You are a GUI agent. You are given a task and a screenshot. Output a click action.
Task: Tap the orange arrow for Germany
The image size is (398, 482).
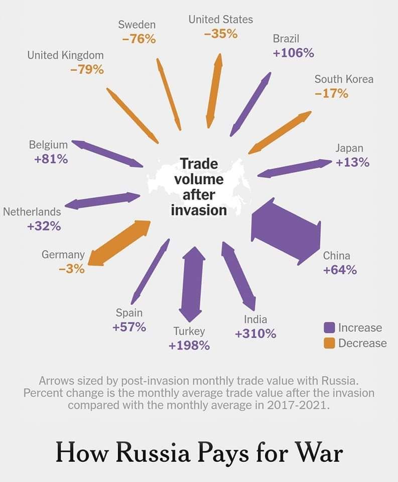[x=119, y=243]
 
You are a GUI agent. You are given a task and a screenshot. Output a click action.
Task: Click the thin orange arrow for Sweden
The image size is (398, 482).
[x=169, y=94]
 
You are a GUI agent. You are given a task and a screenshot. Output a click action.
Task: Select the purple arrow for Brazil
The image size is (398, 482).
[x=250, y=104]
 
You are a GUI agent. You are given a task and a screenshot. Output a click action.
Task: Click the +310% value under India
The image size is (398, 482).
[x=255, y=333]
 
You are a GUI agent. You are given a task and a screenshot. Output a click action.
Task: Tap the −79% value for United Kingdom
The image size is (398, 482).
[x=87, y=69]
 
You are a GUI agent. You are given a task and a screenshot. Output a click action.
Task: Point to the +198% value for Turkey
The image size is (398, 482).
[x=189, y=345]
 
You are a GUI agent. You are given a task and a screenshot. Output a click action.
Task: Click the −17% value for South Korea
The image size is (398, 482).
[x=331, y=93]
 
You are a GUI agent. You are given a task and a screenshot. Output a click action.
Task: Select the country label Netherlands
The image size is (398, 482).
[x=32, y=212]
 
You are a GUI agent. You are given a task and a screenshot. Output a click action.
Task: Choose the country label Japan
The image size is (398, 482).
[x=349, y=148]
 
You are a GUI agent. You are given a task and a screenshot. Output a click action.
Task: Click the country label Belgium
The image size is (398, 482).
[x=48, y=145]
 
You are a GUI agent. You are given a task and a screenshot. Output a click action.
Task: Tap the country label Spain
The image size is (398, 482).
[x=129, y=313]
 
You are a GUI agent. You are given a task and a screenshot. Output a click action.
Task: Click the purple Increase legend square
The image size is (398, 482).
[x=329, y=328]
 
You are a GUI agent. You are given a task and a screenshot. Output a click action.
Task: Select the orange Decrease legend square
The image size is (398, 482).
[x=329, y=343]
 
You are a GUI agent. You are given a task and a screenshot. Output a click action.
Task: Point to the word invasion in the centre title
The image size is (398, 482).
[x=199, y=209]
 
